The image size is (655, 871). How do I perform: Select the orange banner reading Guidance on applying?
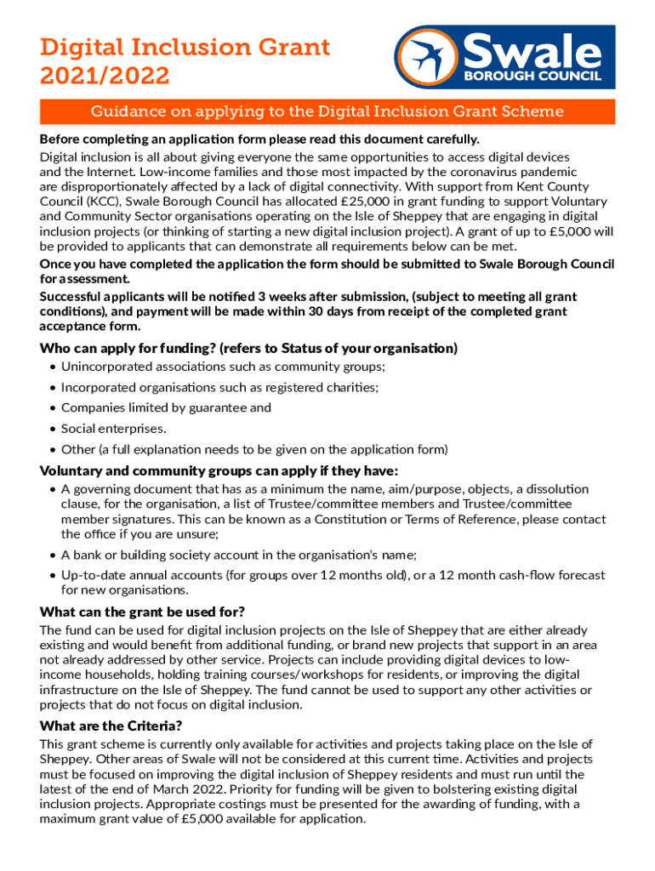[327, 111]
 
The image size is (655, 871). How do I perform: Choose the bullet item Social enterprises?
[113, 428]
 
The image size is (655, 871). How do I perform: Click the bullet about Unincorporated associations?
[223, 367]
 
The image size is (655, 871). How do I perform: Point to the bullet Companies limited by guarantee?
[166, 407]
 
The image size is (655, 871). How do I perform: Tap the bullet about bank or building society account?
[238, 555]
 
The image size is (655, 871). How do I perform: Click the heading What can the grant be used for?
[143, 612]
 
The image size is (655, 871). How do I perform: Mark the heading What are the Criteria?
[111, 726]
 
